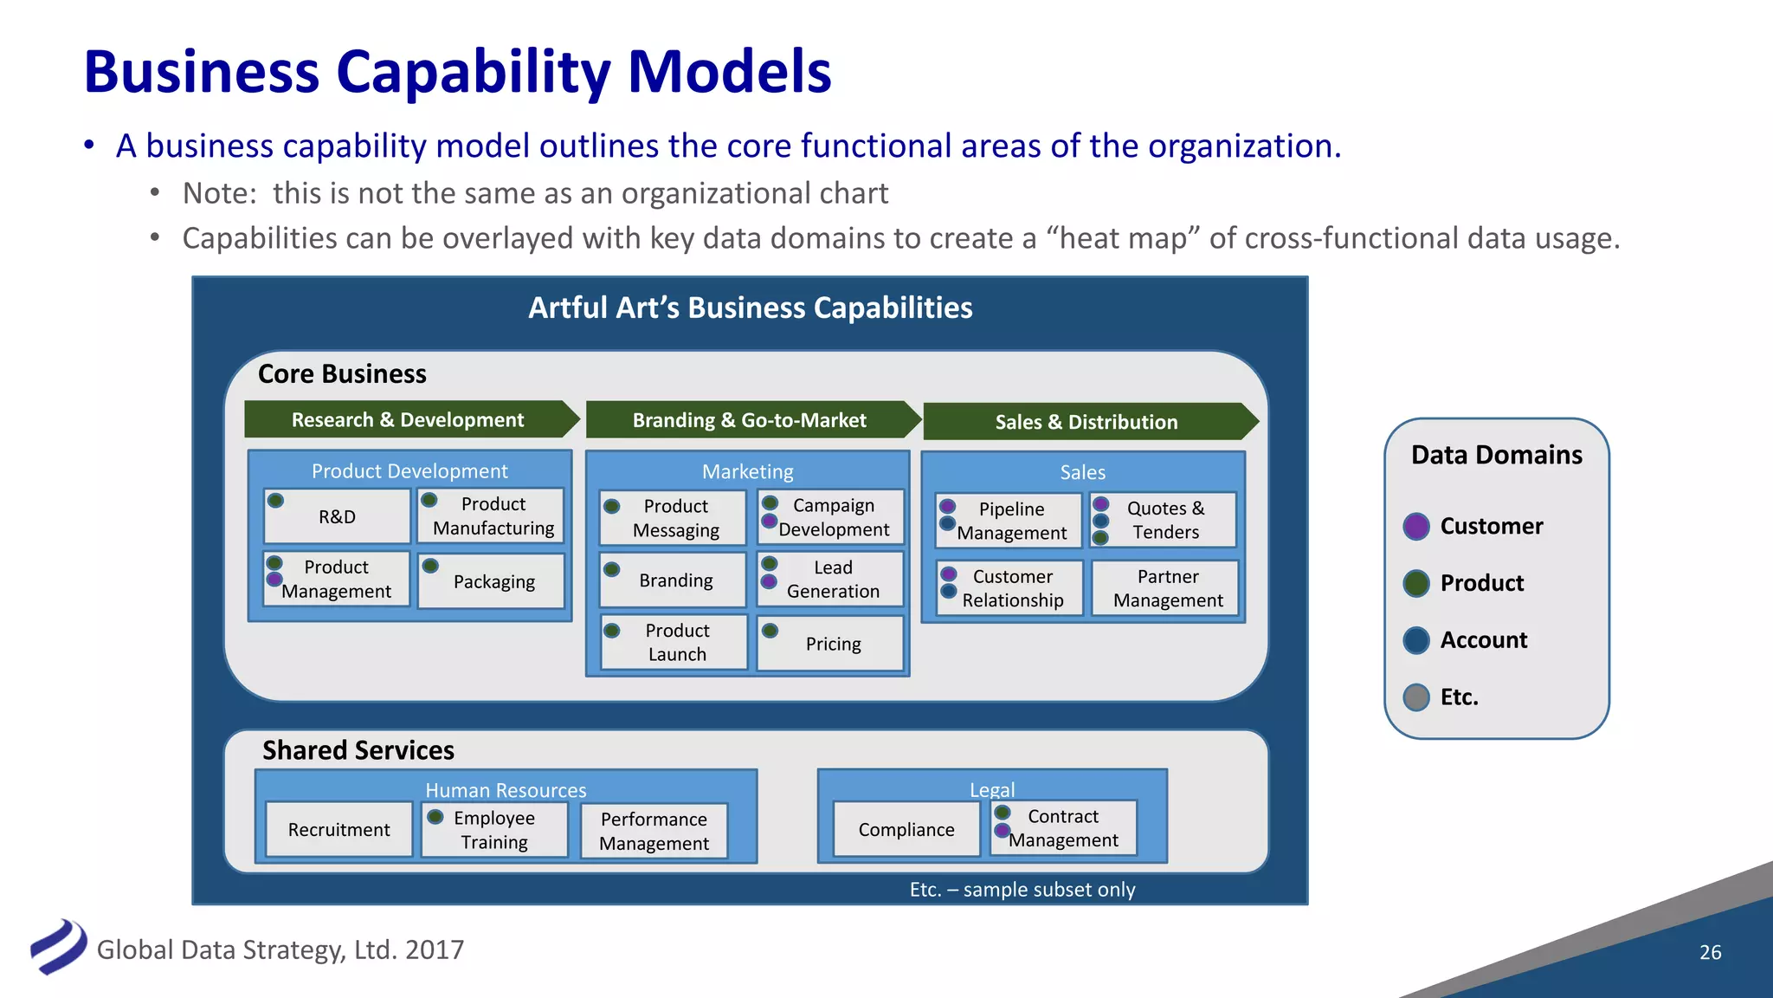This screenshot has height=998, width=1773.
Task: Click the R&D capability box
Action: [x=337, y=517]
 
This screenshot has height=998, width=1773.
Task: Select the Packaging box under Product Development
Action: [x=493, y=581]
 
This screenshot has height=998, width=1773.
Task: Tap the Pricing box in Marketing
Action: [x=832, y=644]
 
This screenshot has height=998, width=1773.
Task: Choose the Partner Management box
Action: [x=1167, y=588]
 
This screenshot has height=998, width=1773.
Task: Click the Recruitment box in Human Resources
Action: [x=338, y=830]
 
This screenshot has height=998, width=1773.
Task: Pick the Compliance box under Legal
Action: [x=906, y=830]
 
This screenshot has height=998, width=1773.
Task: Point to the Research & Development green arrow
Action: [x=408, y=419]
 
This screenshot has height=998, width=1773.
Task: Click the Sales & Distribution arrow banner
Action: [x=1086, y=422]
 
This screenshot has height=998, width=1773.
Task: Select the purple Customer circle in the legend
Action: [x=1416, y=526]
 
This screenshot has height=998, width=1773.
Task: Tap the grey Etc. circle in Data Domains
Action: [x=1416, y=697]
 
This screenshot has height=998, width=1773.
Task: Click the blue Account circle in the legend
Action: [x=1416, y=640]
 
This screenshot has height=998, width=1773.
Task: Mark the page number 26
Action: [x=1710, y=952]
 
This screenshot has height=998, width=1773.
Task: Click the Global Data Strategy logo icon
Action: [x=58, y=947]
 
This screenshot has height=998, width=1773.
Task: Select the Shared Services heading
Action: [x=358, y=750]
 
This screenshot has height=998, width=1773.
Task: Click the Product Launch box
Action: [x=676, y=642]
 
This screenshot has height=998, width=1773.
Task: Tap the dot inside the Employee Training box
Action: [x=435, y=817]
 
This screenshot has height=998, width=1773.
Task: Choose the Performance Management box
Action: [x=654, y=831]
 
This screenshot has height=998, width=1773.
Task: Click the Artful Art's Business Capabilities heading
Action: [x=750, y=308]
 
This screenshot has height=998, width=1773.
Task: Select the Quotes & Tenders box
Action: [x=1165, y=520]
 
